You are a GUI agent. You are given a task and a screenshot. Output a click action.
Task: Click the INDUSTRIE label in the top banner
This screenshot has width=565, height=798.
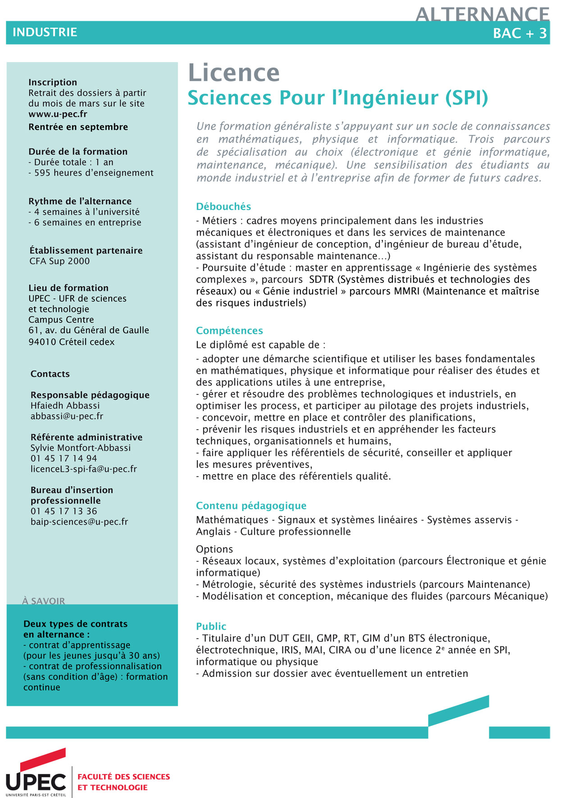[x=45, y=32]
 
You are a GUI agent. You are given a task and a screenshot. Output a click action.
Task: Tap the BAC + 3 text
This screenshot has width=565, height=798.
[x=519, y=33]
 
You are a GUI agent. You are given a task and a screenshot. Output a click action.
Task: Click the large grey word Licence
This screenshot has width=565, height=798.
[x=234, y=73]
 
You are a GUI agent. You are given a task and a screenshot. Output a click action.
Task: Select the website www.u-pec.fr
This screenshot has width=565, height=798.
[x=58, y=114]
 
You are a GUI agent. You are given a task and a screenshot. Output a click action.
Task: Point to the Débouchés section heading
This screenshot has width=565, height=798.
[x=223, y=206]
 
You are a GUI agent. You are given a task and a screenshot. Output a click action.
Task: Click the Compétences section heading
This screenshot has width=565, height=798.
[x=229, y=331]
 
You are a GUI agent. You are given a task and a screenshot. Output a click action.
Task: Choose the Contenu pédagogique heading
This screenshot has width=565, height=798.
[x=251, y=506]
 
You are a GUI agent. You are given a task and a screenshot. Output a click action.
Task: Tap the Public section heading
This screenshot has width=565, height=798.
[x=211, y=626]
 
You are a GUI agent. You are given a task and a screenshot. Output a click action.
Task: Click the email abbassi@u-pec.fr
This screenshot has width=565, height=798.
[x=67, y=416]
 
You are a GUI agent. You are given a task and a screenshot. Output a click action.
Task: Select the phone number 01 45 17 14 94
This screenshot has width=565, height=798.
[x=64, y=458]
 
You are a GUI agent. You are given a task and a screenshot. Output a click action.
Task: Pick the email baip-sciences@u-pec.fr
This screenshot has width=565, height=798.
[x=79, y=521]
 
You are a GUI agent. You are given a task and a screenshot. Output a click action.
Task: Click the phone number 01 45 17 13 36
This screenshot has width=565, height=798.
[x=64, y=511]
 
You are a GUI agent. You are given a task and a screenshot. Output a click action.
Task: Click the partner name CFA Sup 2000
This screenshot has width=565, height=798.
[x=59, y=261]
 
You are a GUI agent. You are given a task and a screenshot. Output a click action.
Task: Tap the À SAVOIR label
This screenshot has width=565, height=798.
[x=43, y=601]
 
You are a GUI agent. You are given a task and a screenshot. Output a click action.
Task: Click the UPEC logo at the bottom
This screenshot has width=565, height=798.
[x=36, y=775]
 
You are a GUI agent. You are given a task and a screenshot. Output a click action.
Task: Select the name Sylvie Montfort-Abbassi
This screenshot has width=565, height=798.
[x=81, y=448]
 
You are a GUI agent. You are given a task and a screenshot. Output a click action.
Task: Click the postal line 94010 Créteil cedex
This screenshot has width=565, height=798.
[x=71, y=342]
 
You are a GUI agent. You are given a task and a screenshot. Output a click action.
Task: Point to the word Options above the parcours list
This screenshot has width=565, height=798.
[x=214, y=549]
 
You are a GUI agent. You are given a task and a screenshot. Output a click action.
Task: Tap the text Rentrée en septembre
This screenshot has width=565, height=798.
[x=78, y=127]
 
